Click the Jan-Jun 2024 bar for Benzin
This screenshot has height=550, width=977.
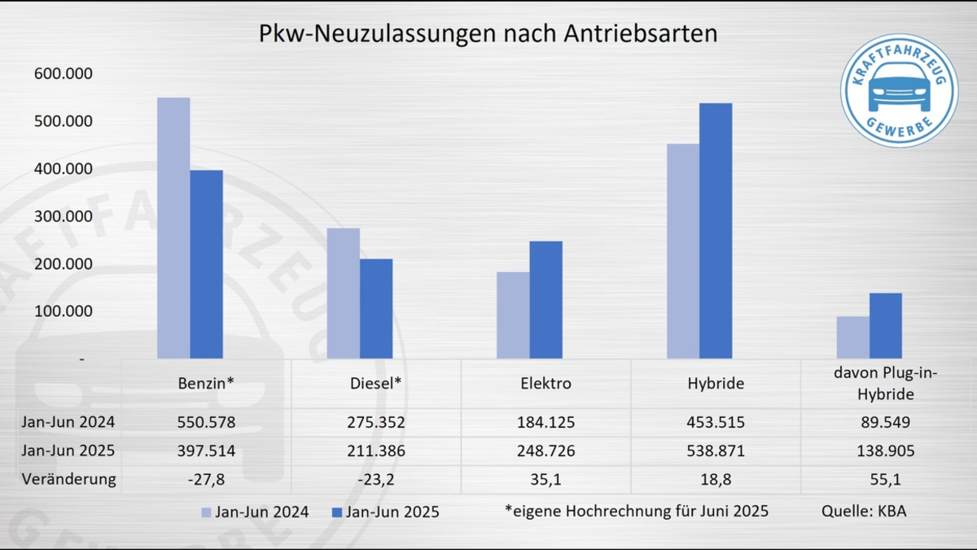173,228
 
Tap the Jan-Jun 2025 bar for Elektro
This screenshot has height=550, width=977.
545,300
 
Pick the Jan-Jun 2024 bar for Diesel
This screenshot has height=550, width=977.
343,293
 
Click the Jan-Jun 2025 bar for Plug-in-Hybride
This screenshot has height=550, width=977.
885,326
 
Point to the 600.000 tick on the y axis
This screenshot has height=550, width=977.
64,74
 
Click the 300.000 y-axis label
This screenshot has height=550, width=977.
64,217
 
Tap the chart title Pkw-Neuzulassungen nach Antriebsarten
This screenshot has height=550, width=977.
488,33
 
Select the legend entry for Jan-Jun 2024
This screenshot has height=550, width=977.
254,513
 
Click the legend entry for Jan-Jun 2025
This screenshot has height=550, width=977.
385,513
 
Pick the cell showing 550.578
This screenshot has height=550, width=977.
207,422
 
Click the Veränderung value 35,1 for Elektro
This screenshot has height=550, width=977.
545,479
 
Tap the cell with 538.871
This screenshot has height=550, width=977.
715,451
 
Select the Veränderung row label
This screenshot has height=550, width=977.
69,479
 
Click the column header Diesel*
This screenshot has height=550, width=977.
376,383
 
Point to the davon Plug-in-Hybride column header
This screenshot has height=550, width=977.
885,383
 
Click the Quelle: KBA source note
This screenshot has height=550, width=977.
864,512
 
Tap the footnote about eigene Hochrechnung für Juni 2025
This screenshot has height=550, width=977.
636,512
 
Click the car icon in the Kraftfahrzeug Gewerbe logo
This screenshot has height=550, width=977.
899,87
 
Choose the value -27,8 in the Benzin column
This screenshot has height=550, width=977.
207,479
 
